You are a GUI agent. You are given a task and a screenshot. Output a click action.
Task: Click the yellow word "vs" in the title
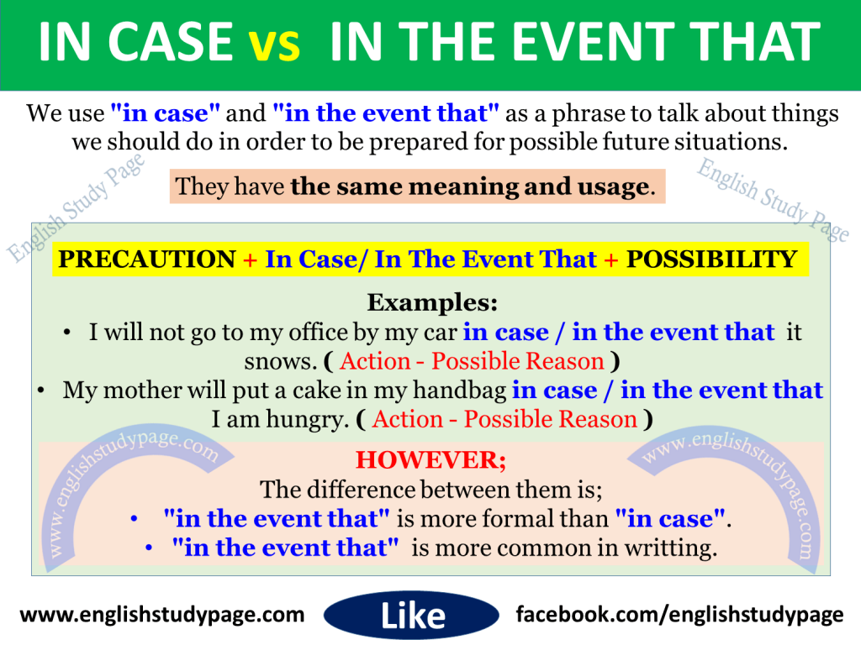click(275, 45)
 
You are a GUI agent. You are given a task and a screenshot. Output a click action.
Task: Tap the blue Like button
click(413, 616)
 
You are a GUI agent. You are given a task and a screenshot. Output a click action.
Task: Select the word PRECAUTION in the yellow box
click(147, 260)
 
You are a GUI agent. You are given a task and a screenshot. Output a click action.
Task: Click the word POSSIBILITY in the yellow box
click(712, 260)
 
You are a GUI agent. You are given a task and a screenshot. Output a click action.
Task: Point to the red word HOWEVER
click(430, 460)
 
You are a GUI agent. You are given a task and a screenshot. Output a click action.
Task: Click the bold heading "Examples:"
click(432, 302)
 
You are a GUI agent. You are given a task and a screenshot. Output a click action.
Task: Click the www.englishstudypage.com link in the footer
click(161, 615)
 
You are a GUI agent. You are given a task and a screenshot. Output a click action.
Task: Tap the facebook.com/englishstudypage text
click(679, 615)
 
